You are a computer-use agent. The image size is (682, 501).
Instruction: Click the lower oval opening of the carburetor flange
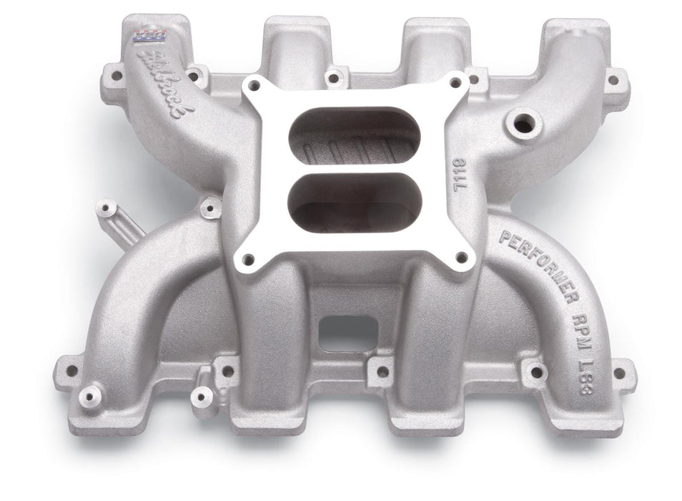click(355, 203)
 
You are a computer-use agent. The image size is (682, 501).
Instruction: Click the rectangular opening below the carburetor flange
click(348, 332)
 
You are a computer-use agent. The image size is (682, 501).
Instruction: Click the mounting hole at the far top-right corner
click(613, 79)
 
